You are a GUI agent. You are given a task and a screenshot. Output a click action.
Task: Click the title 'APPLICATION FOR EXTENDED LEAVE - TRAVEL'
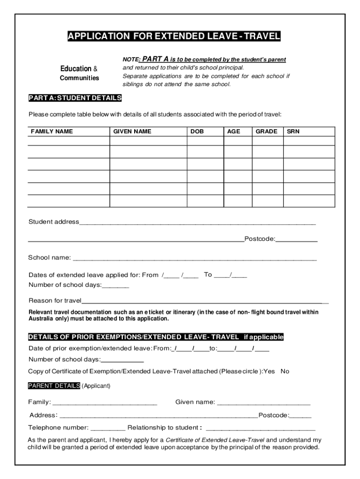(174, 36)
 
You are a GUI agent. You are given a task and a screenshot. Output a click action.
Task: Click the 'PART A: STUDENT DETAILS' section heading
(75, 98)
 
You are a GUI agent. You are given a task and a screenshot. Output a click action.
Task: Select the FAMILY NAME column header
(52, 131)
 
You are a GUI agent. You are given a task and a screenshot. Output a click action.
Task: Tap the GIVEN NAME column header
(132, 131)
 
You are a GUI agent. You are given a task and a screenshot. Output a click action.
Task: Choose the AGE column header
(233, 131)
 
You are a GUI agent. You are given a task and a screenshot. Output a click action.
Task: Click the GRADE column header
(266, 131)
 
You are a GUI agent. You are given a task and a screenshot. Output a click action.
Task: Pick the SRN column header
(293, 131)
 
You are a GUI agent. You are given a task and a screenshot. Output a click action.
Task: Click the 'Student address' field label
(54, 222)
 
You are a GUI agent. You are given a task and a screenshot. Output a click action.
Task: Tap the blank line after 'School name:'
(194, 258)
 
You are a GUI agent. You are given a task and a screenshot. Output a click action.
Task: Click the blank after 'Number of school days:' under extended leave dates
(115, 285)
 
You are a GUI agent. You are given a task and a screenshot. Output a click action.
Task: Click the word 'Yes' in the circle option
(269, 371)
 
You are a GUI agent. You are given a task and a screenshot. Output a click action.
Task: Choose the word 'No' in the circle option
(285, 371)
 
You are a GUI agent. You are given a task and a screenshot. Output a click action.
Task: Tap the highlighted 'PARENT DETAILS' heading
(54, 386)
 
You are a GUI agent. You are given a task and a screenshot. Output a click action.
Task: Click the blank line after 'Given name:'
(264, 402)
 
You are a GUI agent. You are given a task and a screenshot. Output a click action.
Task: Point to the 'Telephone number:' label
(58, 428)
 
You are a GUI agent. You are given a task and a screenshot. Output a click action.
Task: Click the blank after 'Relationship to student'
(260, 428)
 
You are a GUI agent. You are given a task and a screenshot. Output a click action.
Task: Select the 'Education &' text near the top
(79, 69)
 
